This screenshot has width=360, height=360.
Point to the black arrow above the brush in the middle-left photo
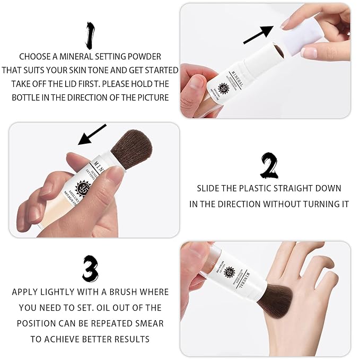pyautogui.click(x=92, y=135)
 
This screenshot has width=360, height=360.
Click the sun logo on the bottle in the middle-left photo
pyautogui.click(x=84, y=189)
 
